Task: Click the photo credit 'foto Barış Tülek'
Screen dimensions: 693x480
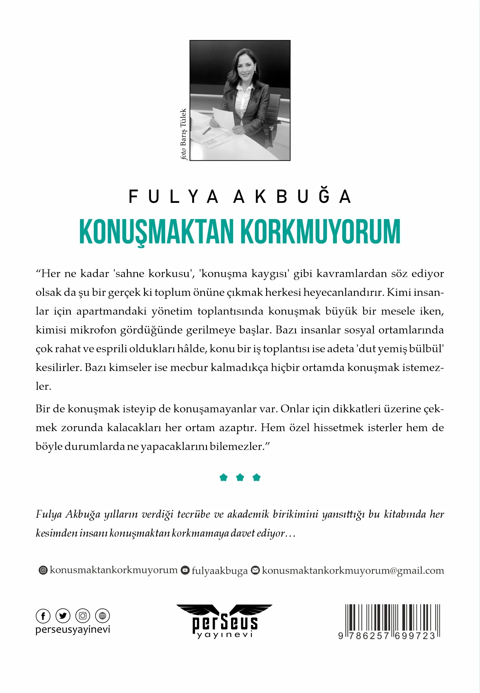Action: pos(183,134)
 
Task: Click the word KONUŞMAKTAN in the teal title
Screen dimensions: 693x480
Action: pos(156,232)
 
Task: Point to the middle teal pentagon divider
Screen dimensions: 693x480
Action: pos(240,477)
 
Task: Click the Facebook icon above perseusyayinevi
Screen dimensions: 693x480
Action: pos(43,616)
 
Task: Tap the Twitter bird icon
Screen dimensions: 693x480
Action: pos(63,616)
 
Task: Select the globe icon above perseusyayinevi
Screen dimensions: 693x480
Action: pos(102,616)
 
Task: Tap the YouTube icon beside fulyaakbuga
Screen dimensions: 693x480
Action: pos(185,570)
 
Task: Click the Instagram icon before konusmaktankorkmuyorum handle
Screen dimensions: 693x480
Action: pos(43,570)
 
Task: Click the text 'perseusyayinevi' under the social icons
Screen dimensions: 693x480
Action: pos(73,630)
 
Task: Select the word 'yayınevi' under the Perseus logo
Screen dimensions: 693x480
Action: pos(225,635)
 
